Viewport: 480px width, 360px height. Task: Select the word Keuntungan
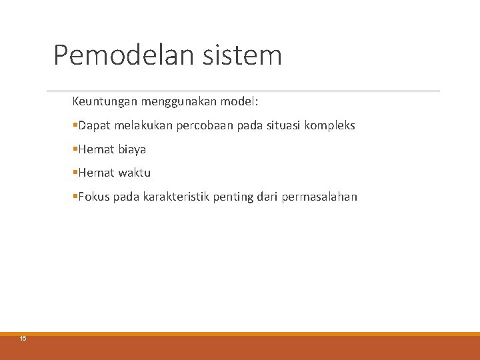click(105, 103)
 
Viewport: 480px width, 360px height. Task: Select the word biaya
click(132, 149)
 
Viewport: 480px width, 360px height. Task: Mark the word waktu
click(135, 173)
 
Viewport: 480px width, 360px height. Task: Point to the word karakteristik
click(176, 197)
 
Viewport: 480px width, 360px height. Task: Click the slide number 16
click(23, 339)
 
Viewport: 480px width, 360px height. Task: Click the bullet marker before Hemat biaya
click(75, 149)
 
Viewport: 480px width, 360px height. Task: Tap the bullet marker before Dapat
click(75, 125)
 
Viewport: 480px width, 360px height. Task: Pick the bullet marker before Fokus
click(75, 197)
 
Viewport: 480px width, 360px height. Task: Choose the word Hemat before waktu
click(96, 173)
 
